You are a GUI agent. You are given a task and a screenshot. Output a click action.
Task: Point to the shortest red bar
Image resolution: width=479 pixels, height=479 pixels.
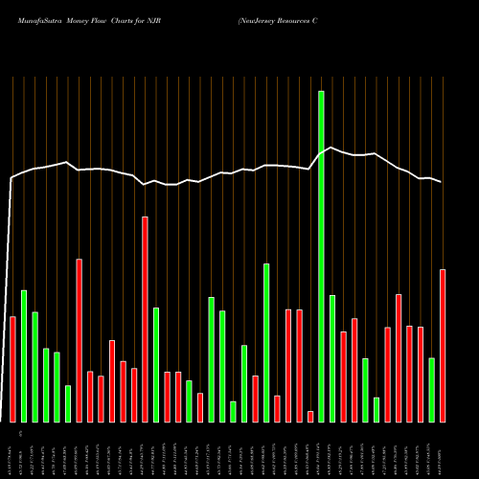pos(310,416)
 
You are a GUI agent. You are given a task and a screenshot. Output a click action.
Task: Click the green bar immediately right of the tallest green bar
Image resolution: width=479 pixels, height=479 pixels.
pos(332,358)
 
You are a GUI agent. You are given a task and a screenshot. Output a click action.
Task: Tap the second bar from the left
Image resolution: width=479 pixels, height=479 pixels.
pos(24,355)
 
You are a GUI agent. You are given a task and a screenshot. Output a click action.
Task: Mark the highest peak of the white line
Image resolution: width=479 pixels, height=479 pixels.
pos(331,148)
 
